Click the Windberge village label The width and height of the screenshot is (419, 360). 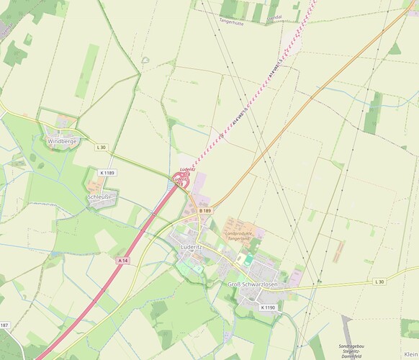62,142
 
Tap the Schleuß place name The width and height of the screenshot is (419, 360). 99,196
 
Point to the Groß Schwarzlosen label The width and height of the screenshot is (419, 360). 252,285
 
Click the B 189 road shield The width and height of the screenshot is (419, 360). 206,210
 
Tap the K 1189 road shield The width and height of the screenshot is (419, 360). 107,173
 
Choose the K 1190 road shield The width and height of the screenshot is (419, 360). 267,307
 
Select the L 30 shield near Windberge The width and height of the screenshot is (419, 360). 101,148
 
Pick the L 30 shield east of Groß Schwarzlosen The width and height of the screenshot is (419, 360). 379,282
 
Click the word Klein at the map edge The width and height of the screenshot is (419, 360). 410,346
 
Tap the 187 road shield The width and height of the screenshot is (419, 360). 4,325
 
